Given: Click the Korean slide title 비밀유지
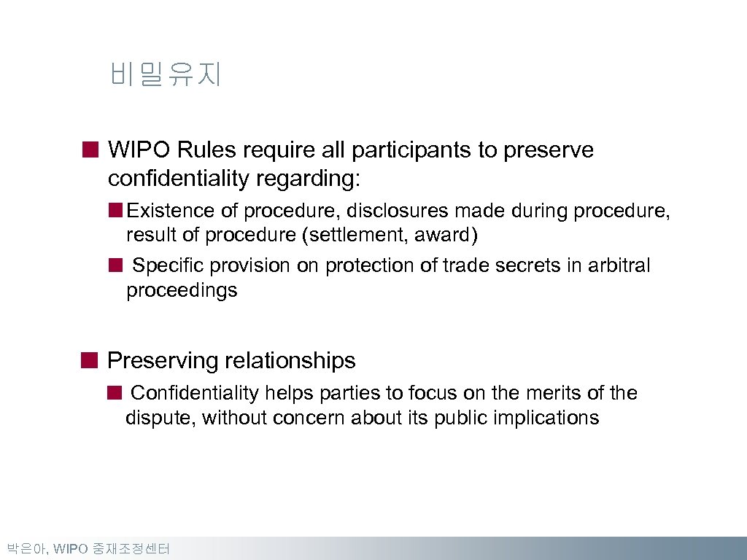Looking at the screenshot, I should pos(165,74).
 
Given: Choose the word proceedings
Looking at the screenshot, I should pos(182,291).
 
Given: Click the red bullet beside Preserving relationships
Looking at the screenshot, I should pos(89,360).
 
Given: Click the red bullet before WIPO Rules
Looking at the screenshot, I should pos(89,150).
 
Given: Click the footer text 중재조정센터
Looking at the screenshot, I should pos(131,549).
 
